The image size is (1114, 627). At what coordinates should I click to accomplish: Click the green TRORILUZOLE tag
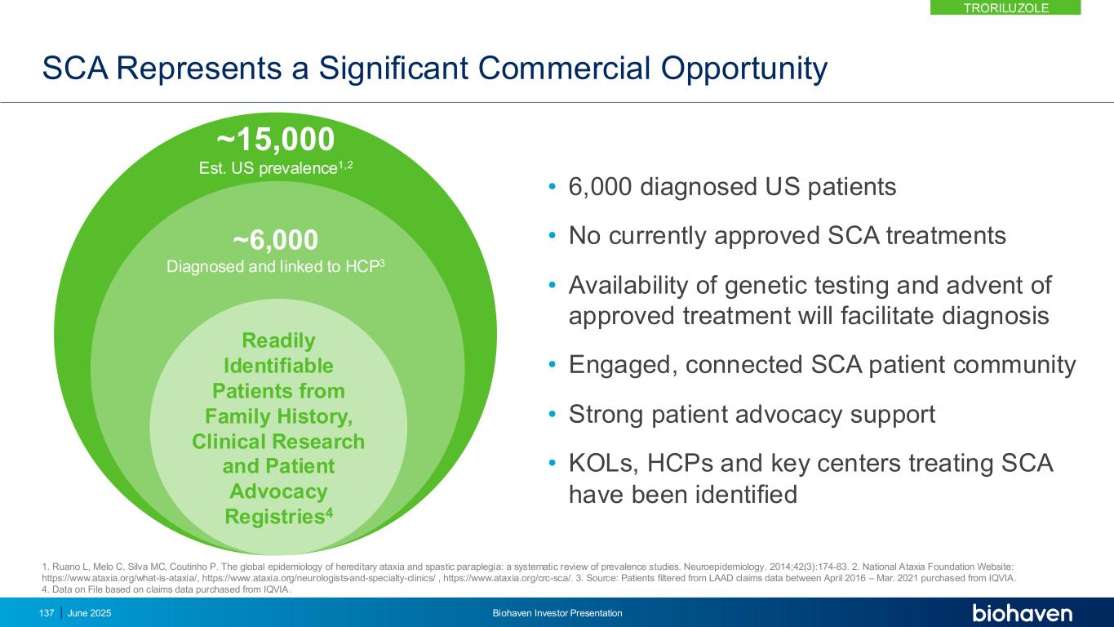[1005, 7]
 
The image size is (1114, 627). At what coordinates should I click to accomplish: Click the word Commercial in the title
[564, 68]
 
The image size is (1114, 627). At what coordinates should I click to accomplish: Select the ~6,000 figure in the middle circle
[276, 239]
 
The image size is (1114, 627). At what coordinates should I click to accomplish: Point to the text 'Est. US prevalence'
[269, 167]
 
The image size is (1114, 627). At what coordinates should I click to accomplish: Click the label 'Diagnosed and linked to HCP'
[273, 266]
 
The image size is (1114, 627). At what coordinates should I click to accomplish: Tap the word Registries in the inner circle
[275, 516]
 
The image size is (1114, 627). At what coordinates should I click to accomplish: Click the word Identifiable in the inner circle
[278, 366]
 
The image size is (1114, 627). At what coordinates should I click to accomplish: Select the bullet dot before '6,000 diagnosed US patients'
[552, 187]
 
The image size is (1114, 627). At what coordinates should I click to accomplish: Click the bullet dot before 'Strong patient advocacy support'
[552, 414]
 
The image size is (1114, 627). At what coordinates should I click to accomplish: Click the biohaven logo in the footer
[1022, 612]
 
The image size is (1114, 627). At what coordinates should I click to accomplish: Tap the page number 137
[47, 613]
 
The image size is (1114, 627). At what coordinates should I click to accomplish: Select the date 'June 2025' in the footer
[90, 613]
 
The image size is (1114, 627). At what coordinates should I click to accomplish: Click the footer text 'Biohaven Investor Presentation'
[557, 613]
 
